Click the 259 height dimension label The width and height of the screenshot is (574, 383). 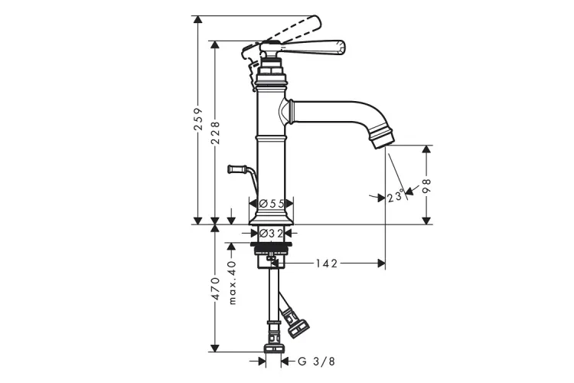198,119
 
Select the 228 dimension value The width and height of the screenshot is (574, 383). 215,133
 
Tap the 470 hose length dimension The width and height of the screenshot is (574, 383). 215,289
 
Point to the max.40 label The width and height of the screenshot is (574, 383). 232,282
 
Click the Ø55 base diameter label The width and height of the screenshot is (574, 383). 271,204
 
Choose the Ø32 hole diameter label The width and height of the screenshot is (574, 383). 271,233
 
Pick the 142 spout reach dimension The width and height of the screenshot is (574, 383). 326,264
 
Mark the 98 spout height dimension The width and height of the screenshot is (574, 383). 427,185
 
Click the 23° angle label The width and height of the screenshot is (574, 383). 396,196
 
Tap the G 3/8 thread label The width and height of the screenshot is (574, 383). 316,362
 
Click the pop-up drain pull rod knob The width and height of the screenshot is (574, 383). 236,169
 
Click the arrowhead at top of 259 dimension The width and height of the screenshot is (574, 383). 197,20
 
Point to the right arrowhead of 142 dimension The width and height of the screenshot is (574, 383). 381,264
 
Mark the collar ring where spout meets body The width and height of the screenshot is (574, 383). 291,111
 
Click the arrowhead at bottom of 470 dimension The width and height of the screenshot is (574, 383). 215,349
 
